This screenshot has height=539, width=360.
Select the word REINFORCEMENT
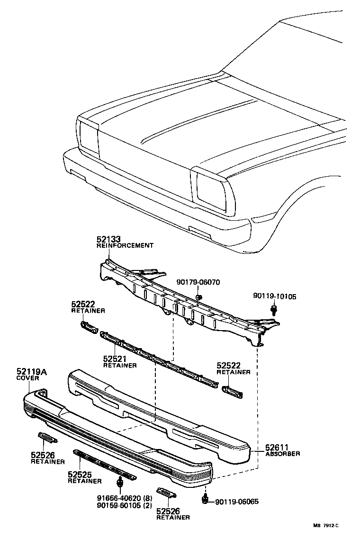coord(125,245)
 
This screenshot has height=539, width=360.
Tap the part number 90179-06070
coord(198,282)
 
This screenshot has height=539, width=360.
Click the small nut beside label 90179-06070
coord(199,297)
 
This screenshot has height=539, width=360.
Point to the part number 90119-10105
coord(274,296)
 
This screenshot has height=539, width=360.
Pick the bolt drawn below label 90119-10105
coord(274,310)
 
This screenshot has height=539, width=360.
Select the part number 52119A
coord(32,372)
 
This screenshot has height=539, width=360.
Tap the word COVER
coord(27,378)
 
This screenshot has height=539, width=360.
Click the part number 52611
coord(277,447)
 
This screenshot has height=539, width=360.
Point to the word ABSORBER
coord(282,453)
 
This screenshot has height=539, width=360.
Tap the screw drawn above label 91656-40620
coord(119,483)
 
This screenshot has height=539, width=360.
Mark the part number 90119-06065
coord(237,502)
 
